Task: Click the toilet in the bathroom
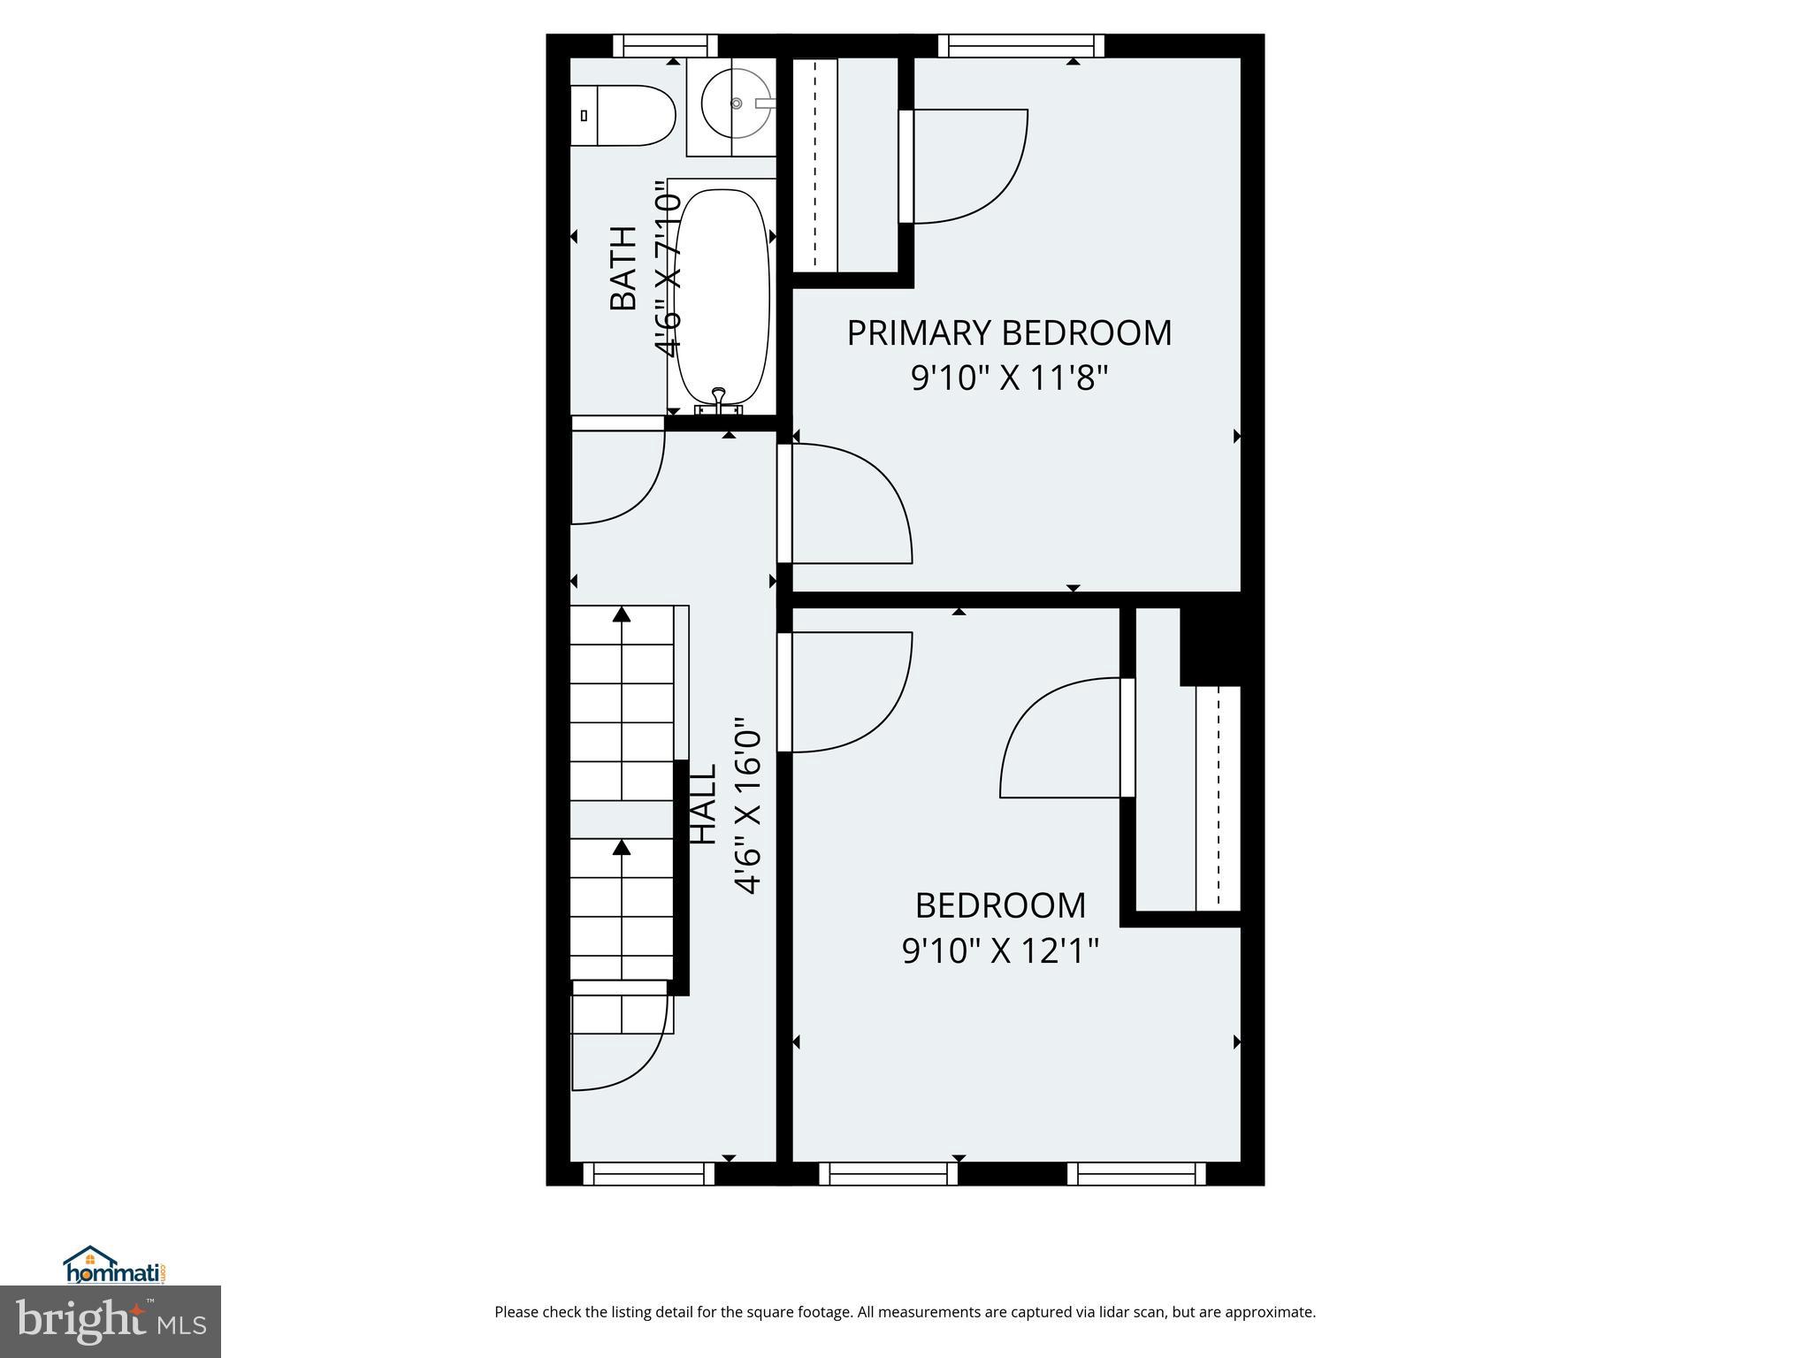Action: (x=623, y=116)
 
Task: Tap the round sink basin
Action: (x=736, y=103)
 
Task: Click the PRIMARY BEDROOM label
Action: (x=1009, y=333)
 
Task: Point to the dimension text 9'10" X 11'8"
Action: (x=1009, y=379)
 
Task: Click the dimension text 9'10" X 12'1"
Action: (x=1000, y=952)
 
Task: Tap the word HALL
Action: (x=702, y=804)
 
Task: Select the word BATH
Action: (x=623, y=268)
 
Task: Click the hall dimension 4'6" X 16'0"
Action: (x=748, y=805)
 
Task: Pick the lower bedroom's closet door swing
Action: (x=1061, y=738)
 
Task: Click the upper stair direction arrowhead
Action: (x=622, y=614)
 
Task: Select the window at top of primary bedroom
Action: (x=1021, y=45)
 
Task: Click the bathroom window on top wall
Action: (x=665, y=45)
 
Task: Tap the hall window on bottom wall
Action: (x=648, y=1173)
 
